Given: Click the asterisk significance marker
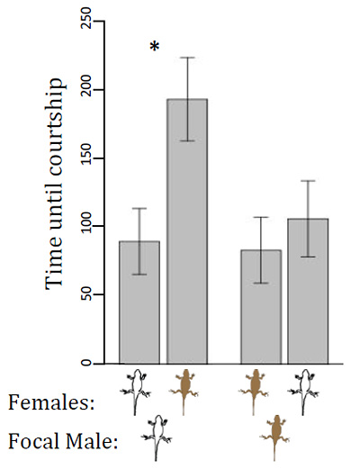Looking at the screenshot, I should click(x=154, y=48).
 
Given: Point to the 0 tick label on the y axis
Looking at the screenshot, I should click(x=87, y=364).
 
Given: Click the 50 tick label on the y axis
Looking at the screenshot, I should click(x=87, y=295).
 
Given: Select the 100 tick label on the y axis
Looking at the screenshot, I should click(x=87, y=227).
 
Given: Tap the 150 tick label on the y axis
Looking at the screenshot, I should click(x=87, y=158).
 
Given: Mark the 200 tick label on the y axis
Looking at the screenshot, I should click(x=87, y=90).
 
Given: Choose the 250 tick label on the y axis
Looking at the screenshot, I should click(x=87, y=23).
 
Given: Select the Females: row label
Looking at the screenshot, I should click(x=50, y=403).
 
